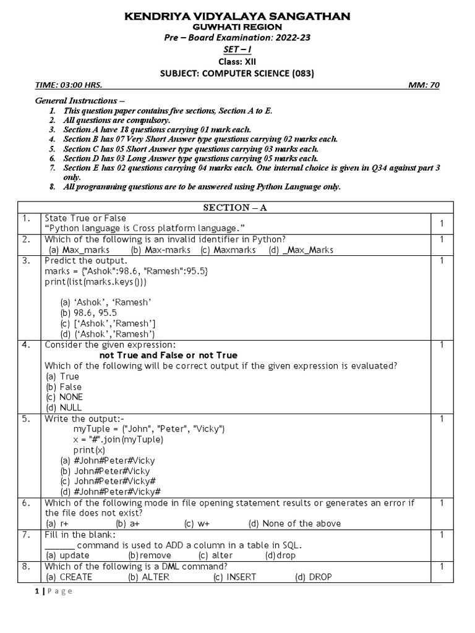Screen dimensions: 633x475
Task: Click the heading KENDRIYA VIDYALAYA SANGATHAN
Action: click(x=237, y=16)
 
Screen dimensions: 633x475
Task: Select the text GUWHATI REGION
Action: click(x=237, y=27)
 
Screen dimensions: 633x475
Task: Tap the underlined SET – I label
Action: click(x=237, y=49)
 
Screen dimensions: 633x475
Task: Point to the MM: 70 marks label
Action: click(x=424, y=85)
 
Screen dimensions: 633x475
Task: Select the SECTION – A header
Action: click(x=237, y=208)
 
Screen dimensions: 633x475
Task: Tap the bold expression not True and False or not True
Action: click(x=168, y=355)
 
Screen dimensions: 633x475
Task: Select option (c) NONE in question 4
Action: click(x=64, y=397)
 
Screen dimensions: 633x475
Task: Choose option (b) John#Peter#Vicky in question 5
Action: click(x=105, y=471)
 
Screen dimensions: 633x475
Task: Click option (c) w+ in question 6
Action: click(x=197, y=524)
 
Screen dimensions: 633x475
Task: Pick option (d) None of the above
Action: click(x=294, y=524)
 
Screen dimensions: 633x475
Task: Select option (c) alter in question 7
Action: click(x=216, y=555)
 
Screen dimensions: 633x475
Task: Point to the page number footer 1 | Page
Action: click(x=52, y=592)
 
